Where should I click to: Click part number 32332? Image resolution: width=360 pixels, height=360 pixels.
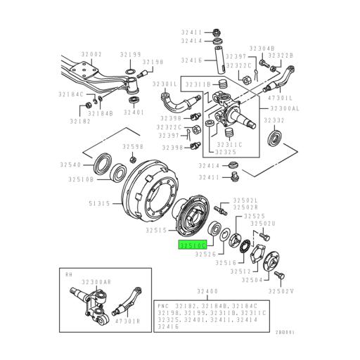point(274,121)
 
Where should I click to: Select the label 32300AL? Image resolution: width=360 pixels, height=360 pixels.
point(284,108)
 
